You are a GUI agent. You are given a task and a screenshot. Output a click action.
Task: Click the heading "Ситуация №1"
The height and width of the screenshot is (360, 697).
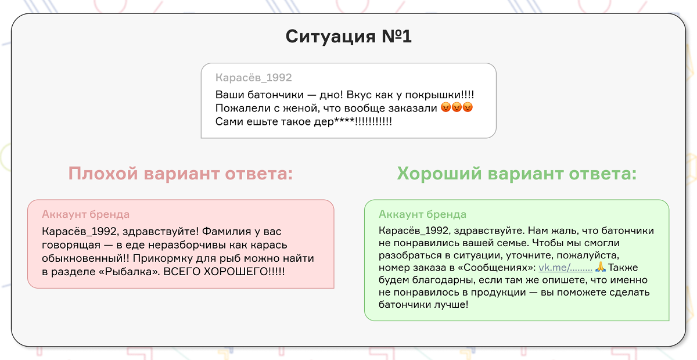point(348,37)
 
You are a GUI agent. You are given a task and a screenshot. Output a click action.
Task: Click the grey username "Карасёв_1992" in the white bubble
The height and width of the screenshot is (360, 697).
point(253,78)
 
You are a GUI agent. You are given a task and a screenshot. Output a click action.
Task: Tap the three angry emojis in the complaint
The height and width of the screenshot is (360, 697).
point(457,108)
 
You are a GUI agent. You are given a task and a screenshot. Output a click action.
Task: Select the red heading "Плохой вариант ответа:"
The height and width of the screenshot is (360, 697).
point(181,174)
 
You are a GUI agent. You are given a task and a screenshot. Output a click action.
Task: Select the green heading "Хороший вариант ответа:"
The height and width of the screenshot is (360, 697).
point(517,174)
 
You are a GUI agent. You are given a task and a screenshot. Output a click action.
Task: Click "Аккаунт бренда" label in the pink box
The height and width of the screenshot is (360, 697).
point(85,215)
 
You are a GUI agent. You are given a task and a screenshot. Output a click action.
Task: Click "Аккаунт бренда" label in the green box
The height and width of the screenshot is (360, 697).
point(422,215)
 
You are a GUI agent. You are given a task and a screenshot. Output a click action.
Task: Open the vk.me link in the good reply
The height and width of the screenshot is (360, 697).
point(565,268)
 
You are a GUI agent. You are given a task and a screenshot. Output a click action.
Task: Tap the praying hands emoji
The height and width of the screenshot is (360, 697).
point(601,267)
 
